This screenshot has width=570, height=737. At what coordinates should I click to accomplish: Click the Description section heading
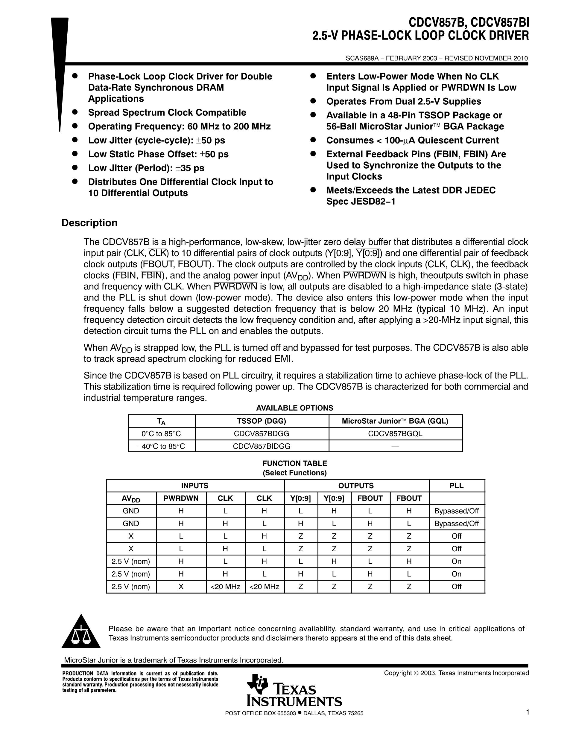[x=89, y=223]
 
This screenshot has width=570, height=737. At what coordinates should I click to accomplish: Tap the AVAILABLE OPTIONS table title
[x=294, y=408]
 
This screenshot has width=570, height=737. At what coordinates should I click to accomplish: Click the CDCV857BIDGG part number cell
[x=262, y=446]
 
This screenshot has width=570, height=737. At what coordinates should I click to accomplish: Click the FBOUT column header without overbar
[x=370, y=498]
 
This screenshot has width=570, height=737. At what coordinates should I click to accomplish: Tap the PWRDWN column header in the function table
[x=181, y=498]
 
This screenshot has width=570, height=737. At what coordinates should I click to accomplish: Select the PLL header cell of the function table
[x=456, y=486]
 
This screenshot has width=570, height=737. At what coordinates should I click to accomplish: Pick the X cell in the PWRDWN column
[x=181, y=587]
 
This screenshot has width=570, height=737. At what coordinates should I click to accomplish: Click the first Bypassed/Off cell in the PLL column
[x=456, y=511]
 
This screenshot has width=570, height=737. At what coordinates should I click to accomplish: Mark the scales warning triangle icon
[x=81, y=632]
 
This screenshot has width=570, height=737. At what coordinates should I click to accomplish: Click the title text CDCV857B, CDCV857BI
[x=469, y=23]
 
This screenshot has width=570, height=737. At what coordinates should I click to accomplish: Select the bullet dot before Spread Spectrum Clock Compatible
[x=75, y=112]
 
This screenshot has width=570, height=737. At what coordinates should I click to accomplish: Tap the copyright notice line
[x=456, y=673]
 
